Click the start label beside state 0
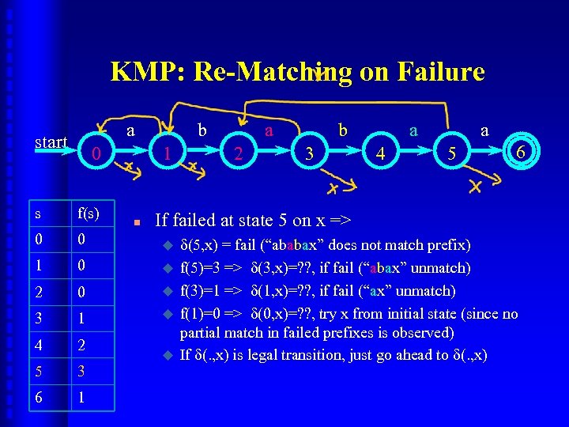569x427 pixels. (51, 142)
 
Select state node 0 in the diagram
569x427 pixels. (95, 153)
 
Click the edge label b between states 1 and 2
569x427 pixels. (202, 128)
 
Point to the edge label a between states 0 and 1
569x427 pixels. (130, 128)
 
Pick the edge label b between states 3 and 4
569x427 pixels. (343, 128)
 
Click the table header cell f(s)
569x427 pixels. (89, 213)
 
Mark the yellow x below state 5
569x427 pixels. (474, 187)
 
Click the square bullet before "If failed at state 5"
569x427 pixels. (137, 223)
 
